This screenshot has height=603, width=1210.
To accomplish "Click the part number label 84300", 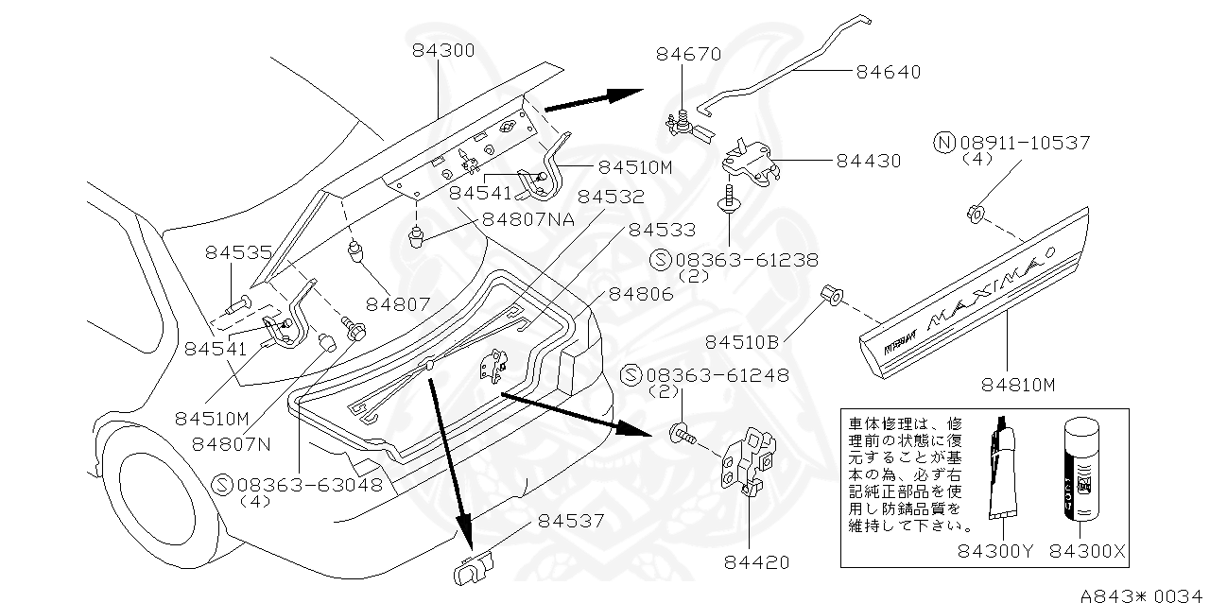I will (x=442, y=49).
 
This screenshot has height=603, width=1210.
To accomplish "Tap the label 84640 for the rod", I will (x=888, y=71).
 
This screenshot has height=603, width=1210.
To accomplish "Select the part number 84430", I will (x=868, y=162).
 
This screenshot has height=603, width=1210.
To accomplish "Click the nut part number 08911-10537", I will (x=1025, y=143).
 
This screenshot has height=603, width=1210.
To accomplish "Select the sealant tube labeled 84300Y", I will (x=1004, y=473).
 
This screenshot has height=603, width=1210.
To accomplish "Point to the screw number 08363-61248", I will (x=717, y=375).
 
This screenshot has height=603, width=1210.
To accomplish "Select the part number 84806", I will (x=640, y=294).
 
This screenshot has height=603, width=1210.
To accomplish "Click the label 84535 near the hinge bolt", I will (x=238, y=252).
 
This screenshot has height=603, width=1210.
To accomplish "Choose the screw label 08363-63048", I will (x=310, y=485).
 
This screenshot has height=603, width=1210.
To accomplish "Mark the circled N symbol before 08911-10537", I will (x=943, y=143).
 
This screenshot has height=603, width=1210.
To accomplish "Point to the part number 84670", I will (x=688, y=54).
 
